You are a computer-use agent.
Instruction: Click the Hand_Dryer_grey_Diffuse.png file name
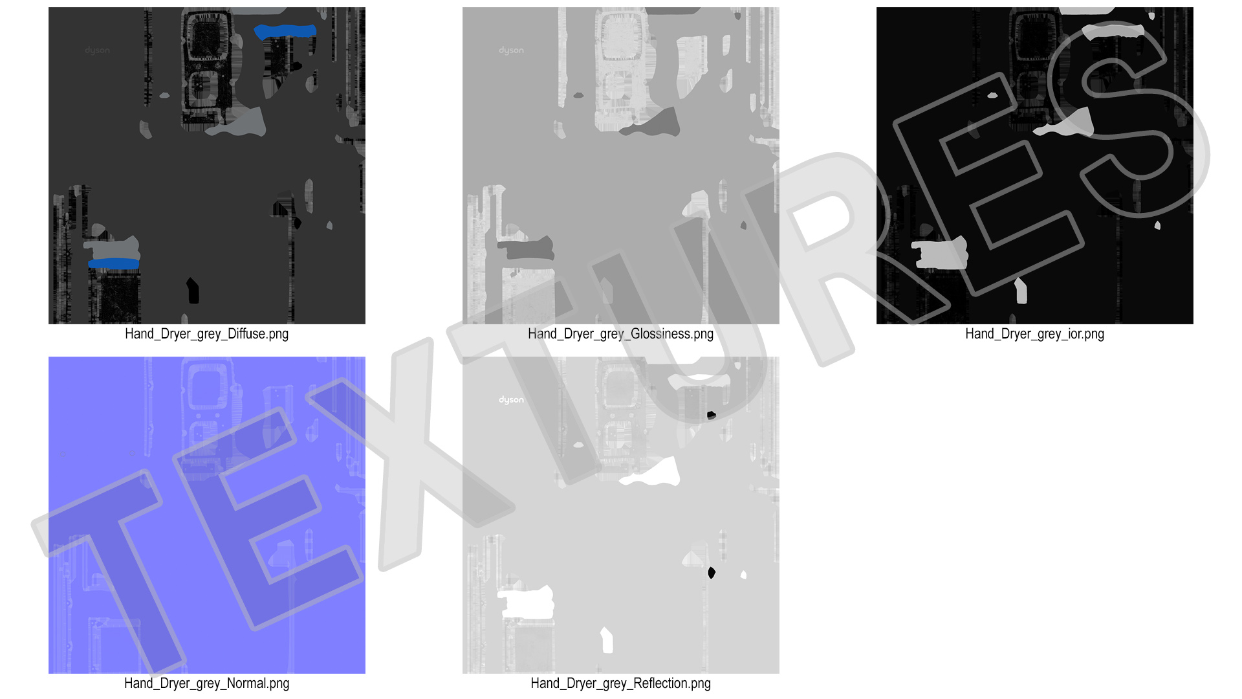tap(206, 334)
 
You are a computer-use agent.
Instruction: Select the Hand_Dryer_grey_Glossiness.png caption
tap(620, 334)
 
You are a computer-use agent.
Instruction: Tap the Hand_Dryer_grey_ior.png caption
tap(1034, 334)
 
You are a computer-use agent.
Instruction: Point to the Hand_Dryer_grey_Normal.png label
tap(206, 683)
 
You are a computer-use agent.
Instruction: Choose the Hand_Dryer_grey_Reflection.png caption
tap(620, 683)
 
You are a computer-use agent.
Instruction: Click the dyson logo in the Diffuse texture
tap(97, 50)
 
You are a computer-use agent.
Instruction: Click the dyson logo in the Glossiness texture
tap(511, 50)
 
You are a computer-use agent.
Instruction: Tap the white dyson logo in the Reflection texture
tap(511, 400)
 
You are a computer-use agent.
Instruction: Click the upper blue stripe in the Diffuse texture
tap(285, 31)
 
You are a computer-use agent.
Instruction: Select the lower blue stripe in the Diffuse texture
tap(114, 263)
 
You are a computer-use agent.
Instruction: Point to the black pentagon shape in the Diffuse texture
tap(193, 291)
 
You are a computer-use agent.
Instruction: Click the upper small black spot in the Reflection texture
tap(712, 415)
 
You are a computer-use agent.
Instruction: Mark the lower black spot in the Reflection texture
tap(712, 573)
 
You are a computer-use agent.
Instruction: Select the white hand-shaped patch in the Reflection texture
tap(527, 602)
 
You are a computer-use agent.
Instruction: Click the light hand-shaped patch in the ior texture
tap(941, 253)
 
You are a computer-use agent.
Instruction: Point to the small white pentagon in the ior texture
tap(1021, 291)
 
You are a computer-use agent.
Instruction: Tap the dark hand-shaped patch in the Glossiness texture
tap(527, 249)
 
